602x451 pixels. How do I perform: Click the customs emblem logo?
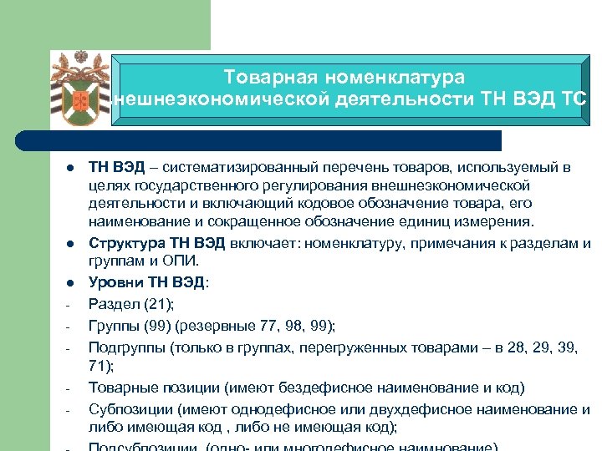coord(81,89)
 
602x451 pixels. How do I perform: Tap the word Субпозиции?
coord(129,408)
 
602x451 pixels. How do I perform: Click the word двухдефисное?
coord(410,408)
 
